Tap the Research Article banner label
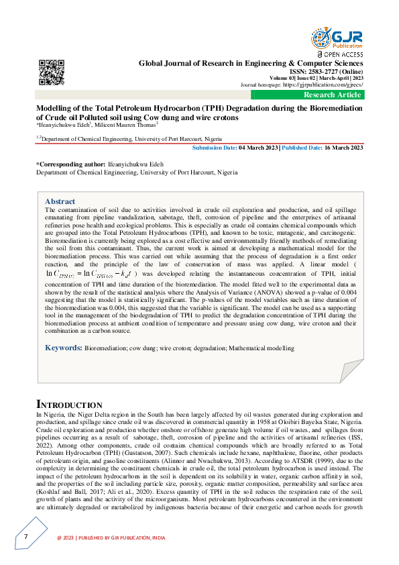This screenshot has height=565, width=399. pyautogui.click(x=333, y=95)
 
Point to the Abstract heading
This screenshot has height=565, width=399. pyautogui.click(x=60, y=201)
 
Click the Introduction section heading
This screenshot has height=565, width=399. pyautogui.click(x=68, y=405)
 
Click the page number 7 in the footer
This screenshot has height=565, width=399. pyautogui.click(x=25, y=537)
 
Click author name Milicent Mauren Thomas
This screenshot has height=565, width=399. pyautogui.click(x=127, y=124)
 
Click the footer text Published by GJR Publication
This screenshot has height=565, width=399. pyautogui.click(x=111, y=537)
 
